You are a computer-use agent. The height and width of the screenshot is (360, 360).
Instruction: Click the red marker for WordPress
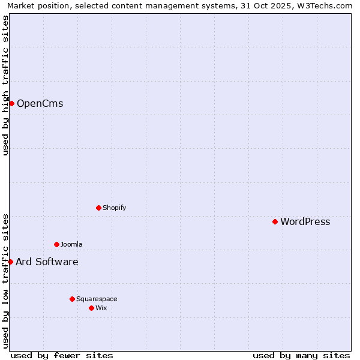click(x=275, y=221)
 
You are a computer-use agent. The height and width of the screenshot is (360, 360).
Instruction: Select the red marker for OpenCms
click(x=11, y=103)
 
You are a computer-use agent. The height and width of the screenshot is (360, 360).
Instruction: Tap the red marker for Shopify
click(x=98, y=208)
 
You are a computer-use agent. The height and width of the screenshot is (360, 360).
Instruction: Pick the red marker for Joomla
click(x=56, y=244)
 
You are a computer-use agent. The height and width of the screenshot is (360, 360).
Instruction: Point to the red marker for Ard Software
click(x=10, y=262)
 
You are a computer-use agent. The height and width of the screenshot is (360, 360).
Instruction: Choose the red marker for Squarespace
click(x=72, y=299)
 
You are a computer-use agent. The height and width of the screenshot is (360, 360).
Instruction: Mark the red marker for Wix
click(x=91, y=308)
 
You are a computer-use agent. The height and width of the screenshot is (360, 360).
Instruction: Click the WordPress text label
click(x=305, y=222)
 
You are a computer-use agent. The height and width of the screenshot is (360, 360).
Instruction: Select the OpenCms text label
click(x=40, y=104)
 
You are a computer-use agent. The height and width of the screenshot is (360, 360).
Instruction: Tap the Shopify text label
click(x=114, y=208)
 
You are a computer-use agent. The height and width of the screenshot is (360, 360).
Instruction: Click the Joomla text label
click(x=71, y=244)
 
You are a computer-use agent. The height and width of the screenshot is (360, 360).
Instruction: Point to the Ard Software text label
click(x=47, y=262)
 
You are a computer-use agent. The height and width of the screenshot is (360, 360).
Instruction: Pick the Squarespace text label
click(x=97, y=299)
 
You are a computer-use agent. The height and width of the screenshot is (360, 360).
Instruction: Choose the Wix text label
click(x=101, y=308)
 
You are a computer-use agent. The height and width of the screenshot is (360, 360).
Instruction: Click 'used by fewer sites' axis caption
click(x=62, y=355)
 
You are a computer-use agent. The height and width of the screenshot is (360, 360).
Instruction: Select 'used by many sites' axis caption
click(x=301, y=355)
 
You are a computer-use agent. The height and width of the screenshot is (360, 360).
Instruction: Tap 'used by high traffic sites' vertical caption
click(x=5, y=85)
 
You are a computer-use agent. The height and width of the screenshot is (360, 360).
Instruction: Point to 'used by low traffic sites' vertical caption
click(x=5, y=281)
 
